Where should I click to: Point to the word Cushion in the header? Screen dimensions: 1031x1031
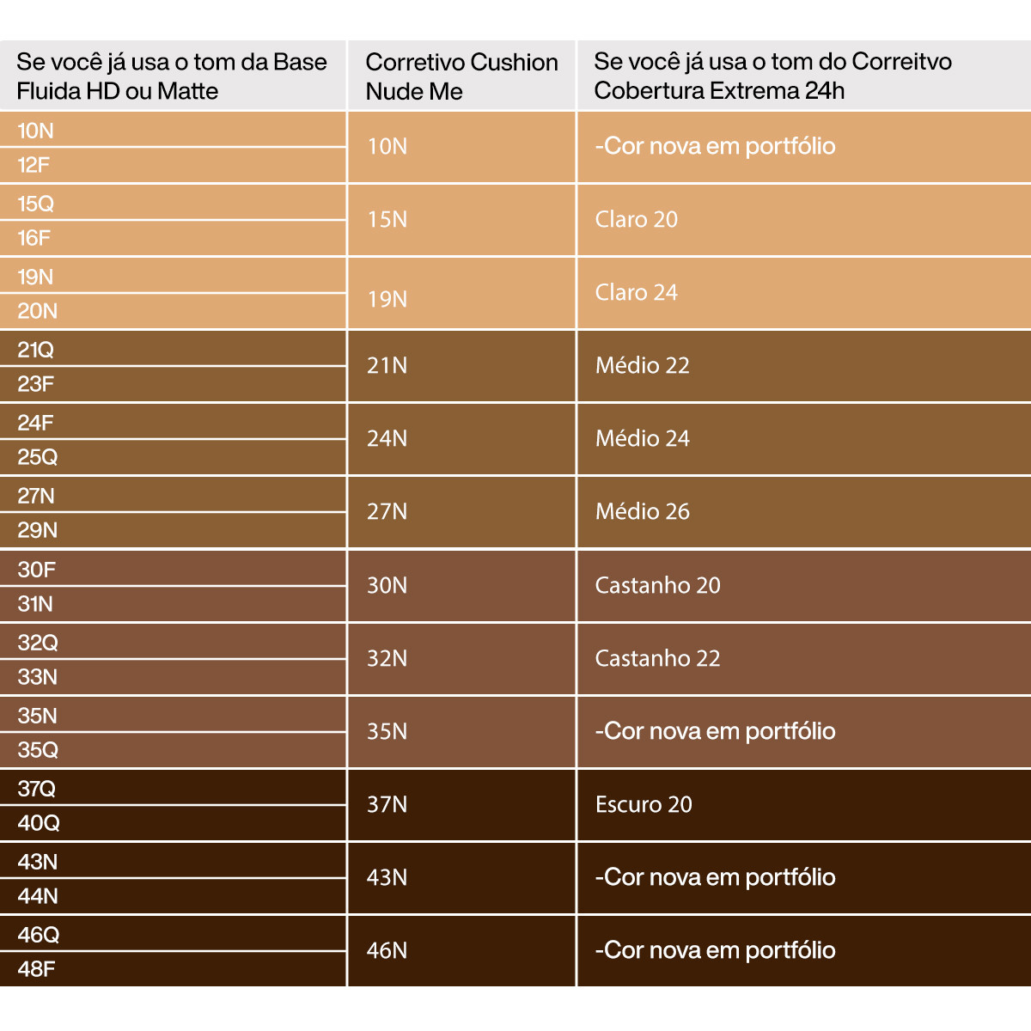click(x=515, y=63)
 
